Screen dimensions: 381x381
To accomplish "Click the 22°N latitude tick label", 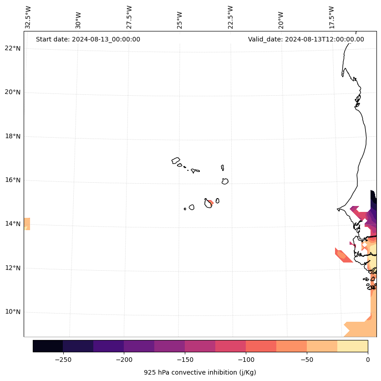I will pos(12,48).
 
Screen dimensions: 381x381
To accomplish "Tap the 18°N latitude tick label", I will pos(12,136).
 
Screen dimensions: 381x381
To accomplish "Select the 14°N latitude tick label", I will pos(12,224).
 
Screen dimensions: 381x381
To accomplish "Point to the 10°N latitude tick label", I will pos(12,312).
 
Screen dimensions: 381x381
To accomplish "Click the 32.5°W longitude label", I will pos(28,17).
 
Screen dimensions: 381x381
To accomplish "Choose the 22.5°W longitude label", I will pos(230,17).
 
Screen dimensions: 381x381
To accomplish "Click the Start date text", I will pos(88,39).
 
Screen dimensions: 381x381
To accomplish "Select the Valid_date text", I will pos(306,39).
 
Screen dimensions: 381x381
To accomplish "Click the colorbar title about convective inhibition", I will pos(200,372).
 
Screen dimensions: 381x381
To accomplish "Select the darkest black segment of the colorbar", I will pos(48,346).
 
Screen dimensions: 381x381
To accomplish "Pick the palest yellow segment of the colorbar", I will pos(352,346).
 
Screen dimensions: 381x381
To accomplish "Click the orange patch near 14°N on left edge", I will pos(27,224).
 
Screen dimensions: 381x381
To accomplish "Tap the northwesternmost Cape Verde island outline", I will pos(176,160).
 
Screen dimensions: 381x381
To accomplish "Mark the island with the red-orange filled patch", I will pos(208,203).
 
